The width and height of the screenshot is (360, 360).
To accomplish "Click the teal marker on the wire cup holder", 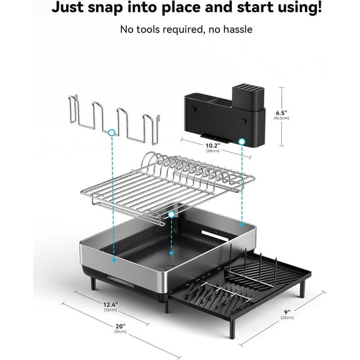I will (111, 132).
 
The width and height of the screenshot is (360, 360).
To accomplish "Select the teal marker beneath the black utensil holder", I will (241, 143).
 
